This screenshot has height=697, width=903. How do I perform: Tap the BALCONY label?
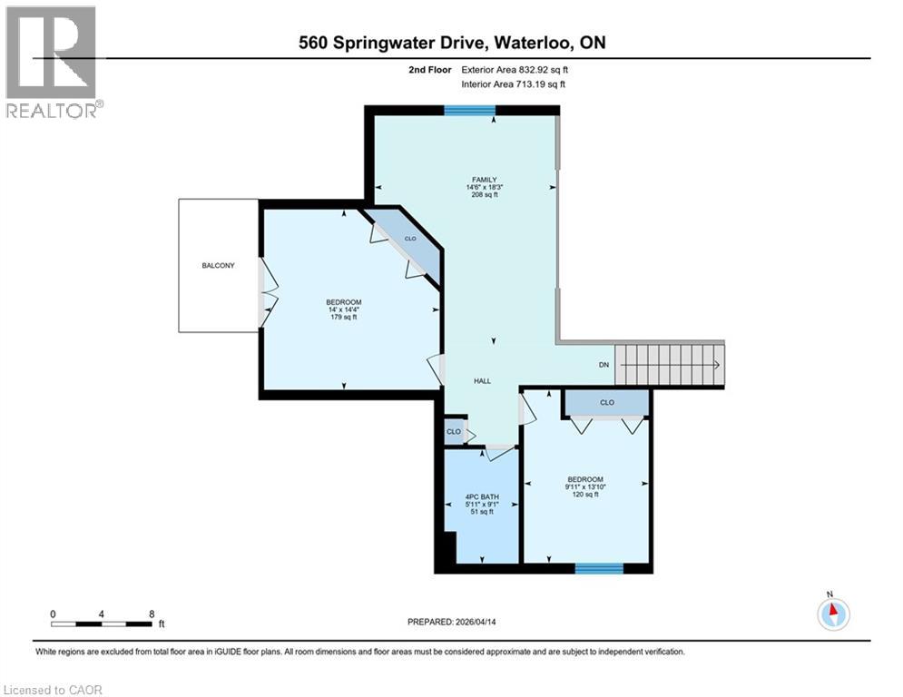tap(218, 266)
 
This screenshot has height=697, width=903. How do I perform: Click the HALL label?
tap(482, 381)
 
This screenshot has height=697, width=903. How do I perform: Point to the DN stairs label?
tap(604, 365)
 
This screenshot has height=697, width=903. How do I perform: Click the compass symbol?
tap(832, 614)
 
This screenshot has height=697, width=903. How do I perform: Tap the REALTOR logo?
tap(53, 62)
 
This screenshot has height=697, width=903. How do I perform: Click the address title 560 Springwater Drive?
tap(450, 43)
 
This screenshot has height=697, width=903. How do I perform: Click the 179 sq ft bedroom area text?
tap(344, 318)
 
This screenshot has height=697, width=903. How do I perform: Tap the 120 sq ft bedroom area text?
tap(584, 495)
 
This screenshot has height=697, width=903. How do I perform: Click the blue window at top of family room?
tap(469, 111)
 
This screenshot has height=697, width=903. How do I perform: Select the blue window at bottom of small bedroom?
tap(599, 568)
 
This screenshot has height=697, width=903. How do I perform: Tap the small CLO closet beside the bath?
tap(453, 433)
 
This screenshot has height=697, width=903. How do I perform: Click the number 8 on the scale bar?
tap(152, 614)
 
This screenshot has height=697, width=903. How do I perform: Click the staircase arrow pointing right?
tap(716, 365)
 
